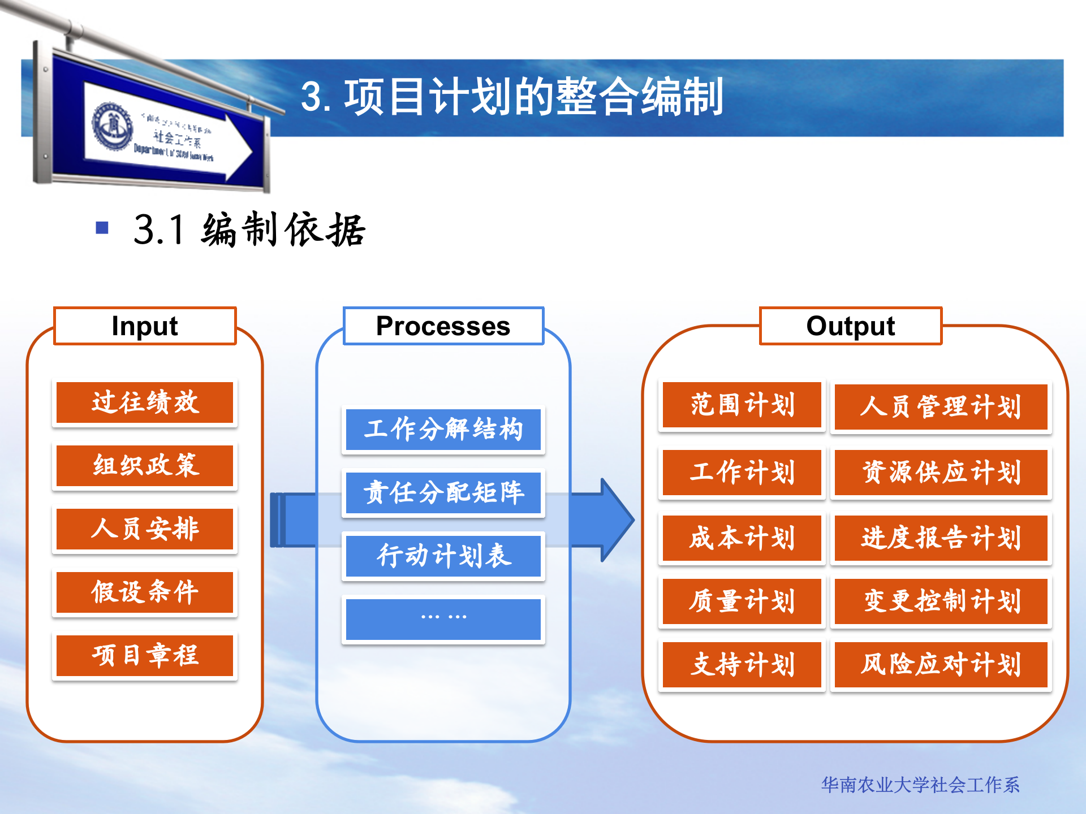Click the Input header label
145,326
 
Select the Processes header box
443,326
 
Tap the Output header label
850,326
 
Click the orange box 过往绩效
145,402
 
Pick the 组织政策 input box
145,466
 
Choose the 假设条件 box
145,592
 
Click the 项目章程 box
145,656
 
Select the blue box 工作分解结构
443,429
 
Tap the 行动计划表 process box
443,556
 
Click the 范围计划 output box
742,405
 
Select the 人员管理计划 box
941,407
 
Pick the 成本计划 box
742,538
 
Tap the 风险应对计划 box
941,664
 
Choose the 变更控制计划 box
941,601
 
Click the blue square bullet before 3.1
102,228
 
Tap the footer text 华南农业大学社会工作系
920,785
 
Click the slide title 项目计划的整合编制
512,97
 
